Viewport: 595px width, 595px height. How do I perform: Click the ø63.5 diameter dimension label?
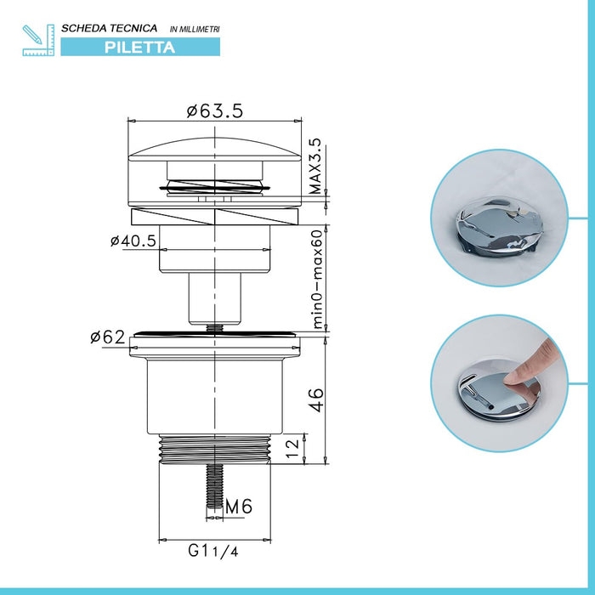(x=215, y=110)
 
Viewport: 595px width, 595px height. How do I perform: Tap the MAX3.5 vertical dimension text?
(x=314, y=167)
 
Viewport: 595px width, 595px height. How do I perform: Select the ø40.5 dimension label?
(x=133, y=241)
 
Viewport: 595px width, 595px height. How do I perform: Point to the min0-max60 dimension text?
(x=316, y=278)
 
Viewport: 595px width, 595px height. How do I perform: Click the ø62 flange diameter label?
(x=109, y=337)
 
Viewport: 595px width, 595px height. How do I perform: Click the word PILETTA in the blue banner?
(x=140, y=48)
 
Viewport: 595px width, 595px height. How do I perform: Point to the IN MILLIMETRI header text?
(x=195, y=30)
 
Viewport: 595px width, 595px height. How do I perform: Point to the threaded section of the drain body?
(x=215, y=449)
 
